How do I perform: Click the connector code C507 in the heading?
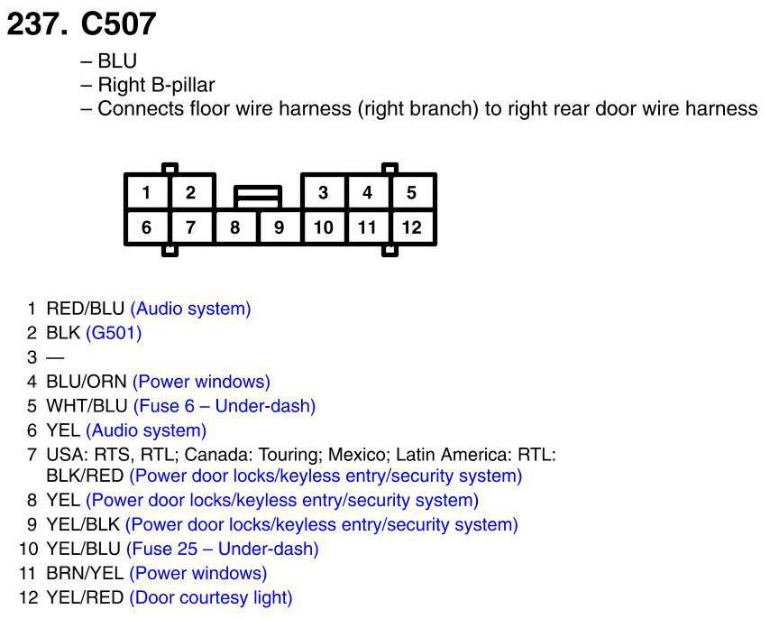coord(118,23)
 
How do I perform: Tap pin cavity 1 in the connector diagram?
coord(146,192)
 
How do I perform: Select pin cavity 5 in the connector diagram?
coord(411,192)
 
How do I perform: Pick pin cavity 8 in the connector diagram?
coord(234,227)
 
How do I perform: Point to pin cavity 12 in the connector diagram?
coord(411,227)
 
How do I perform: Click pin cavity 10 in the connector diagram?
coord(323,227)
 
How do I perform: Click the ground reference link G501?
coord(114,333)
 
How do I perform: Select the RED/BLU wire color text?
coord(86,309)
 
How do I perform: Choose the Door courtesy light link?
coord(211,597)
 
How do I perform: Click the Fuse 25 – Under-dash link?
coord(222,549)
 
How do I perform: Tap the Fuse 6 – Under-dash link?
coord(224,406)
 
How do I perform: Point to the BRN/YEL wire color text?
coord(85,573)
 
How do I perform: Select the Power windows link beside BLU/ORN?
coord(201,382)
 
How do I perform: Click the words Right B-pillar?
coord(156,86)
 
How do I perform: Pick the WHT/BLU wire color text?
coord(87,406)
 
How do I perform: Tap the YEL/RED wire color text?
coord(85,597)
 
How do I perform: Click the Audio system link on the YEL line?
coord(146,430)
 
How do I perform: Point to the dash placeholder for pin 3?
coord(55,357)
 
